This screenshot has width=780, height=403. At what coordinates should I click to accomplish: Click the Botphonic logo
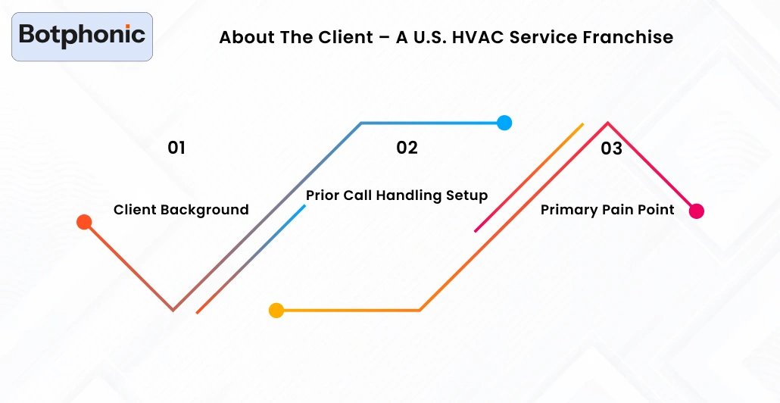tap(82, 36)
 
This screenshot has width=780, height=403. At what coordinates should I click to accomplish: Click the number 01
tap(176, 148)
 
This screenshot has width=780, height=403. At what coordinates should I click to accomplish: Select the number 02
tap(407, 148)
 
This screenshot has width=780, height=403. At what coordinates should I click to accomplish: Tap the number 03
tap(611, 148)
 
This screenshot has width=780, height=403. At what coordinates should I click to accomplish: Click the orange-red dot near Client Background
tap(84, 222)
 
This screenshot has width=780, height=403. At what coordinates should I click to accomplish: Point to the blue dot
tap(504, 123)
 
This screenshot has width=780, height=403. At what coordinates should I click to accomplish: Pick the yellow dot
tap(276, 310)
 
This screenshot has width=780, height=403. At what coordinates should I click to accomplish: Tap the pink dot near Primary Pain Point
tap(697, 211)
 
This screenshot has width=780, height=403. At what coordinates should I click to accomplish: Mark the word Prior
tap(323, 195)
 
